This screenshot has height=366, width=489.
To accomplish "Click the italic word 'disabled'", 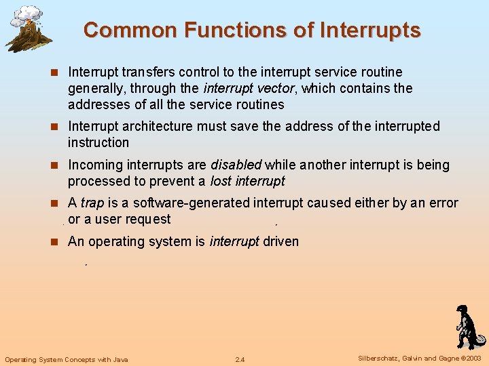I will [236, 165].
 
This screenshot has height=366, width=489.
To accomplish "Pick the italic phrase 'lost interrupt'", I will [247, 181].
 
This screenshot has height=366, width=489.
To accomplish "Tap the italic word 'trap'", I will [92, 203].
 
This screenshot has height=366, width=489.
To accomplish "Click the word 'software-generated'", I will [192, 203].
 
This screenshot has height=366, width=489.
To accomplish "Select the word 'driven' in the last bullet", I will [280, 241].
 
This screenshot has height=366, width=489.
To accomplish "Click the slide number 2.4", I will [240, 359].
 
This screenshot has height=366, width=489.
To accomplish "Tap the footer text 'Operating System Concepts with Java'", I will [67, 359].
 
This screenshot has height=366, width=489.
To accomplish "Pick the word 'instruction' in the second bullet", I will [98, 142].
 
